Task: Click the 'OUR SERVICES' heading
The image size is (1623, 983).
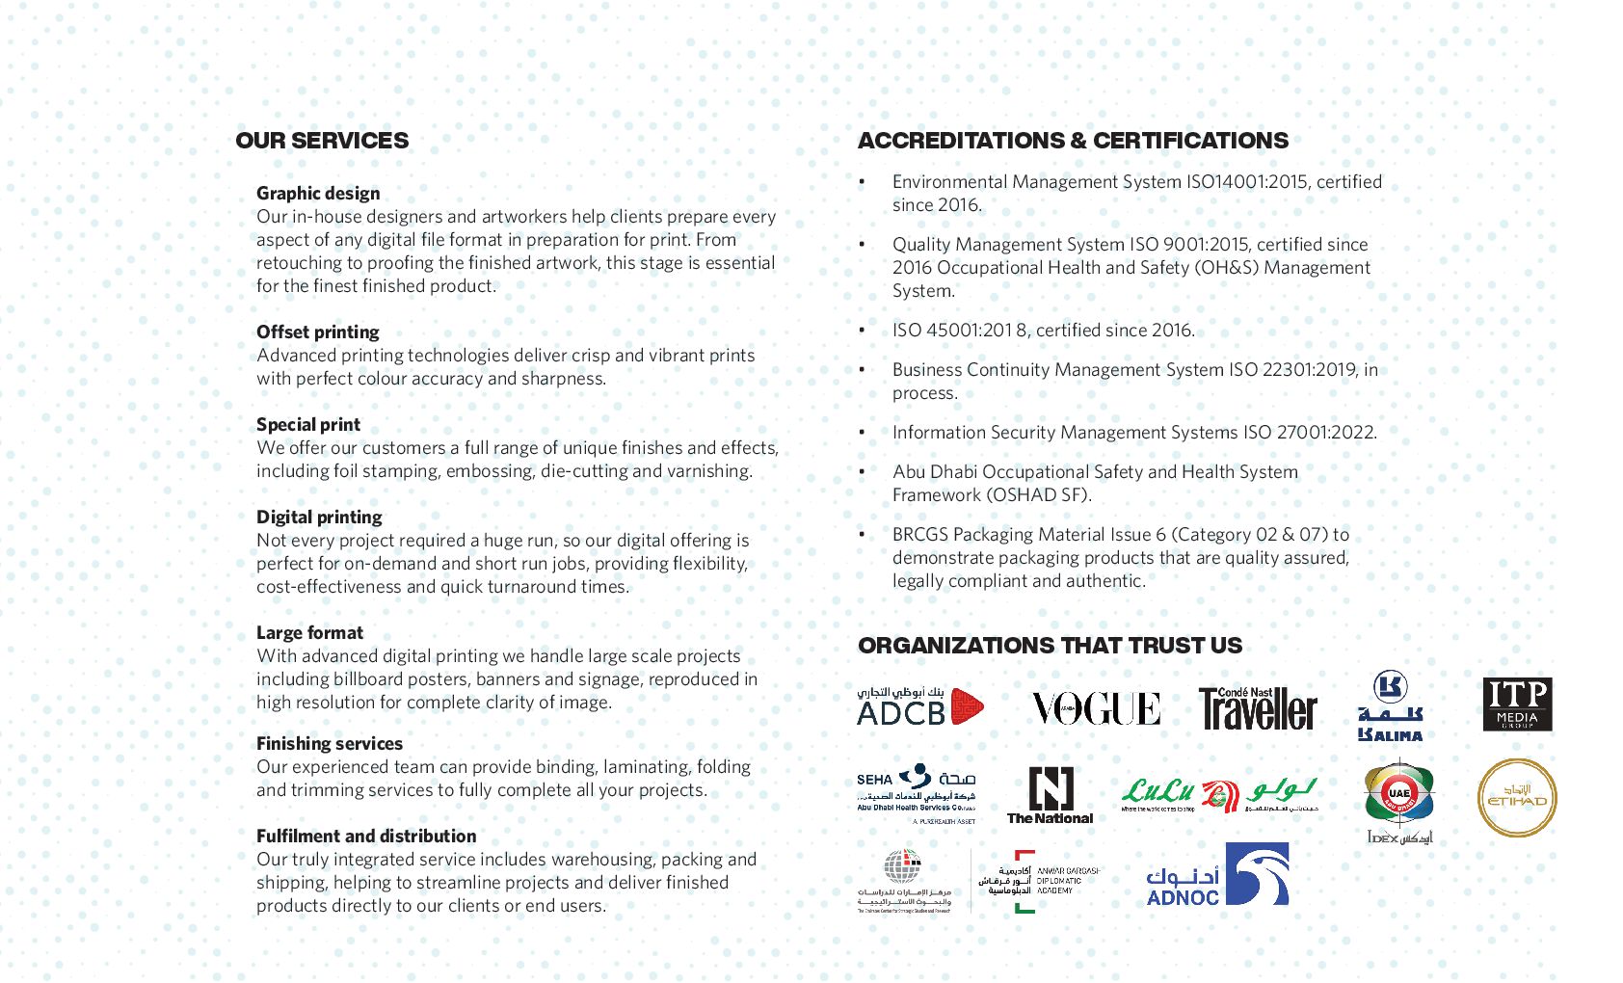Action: click(x=322, y=141)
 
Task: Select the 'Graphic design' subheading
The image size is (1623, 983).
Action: click(x=318, y=194)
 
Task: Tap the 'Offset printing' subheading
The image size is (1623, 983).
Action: click(x=318, y=332)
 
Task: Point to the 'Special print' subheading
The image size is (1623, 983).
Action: click(x=308, y=425)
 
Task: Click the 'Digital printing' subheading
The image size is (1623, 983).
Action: click(x=319, y=518)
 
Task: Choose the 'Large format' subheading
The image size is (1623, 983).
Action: click(x=309, y=633)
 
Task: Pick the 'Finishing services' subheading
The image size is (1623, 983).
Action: click(x=330, y=744)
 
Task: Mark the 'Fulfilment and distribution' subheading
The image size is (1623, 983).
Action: click(x=366, y=837)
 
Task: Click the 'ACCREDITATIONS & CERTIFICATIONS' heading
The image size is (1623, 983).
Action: click(x=1073, y=141)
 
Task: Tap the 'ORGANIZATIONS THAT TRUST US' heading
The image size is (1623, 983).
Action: click(x=1050, y=646)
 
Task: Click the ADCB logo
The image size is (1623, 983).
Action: click(x=920, y=706)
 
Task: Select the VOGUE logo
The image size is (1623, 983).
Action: click(x=1097, y=709)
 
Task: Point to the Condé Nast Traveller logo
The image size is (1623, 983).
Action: click(x=1258, y=708)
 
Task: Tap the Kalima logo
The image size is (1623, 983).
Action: click(x=1390, y=706)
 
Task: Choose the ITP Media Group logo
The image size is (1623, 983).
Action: click(x=1517, y=704)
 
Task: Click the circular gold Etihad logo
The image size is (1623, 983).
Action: click(x=1517, y=798)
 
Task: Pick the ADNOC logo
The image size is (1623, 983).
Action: click(x=1217, y=875)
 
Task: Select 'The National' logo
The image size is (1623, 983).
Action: click(x=1050, y=795)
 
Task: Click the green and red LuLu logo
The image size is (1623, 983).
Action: click(x=1219, y=795)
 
